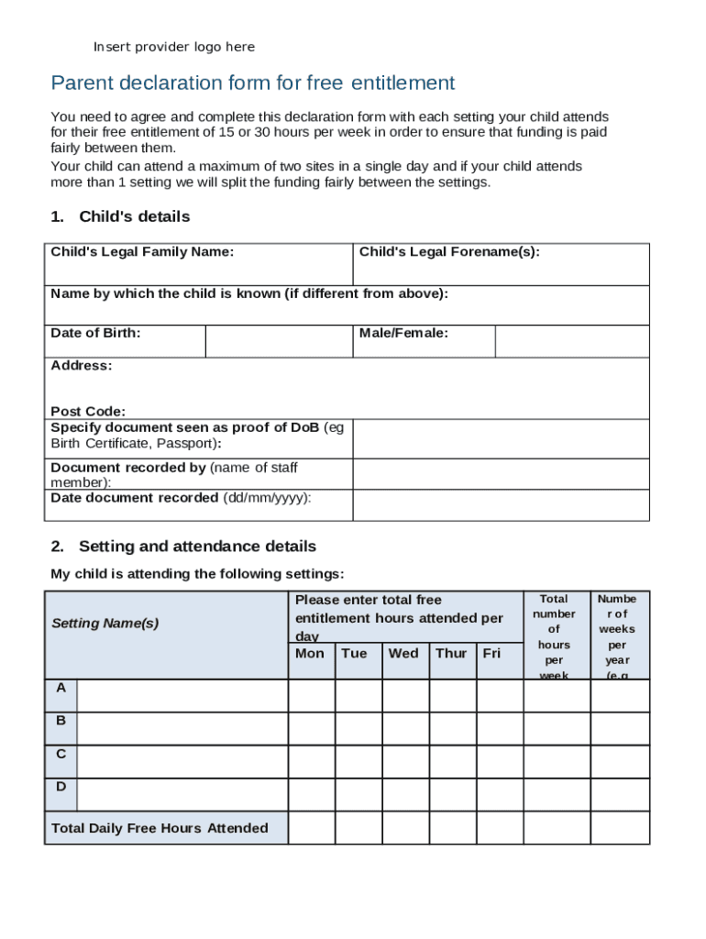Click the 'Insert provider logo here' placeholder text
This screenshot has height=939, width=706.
pyautogui.click(x=174, y=47)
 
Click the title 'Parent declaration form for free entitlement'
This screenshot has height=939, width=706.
pyautogui.click(x=253, y=83)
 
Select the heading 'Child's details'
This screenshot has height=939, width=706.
pyautogui.click(x=134, y=216)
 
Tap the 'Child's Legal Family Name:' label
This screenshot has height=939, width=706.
pyautogui.click(x=142, y=251)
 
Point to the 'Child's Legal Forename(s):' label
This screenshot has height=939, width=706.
pyautogui.click(x=449, y=251)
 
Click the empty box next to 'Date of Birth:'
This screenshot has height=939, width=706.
pyautogui.click(x=279, y=341)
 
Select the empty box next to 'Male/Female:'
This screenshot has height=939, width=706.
pyautogui.click(x=571, y=341)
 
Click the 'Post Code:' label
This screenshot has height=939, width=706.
pyautogui.click(x=88, y=412)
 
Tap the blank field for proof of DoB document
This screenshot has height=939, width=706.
pyautogui.click(x=501, y=439)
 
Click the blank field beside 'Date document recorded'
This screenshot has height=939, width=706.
pyautogui.click(x=501, y=505)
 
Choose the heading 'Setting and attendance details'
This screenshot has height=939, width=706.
pyautogui.click(x=197, y=547)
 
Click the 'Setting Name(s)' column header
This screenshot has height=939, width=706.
pyautogui.click(x=105, y=624)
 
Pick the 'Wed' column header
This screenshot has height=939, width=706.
pyautogui.click(x=403, y=654)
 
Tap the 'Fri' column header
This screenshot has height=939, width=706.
pyautogui.click(x=492, y=654)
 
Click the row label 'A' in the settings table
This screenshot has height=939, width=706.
pyautogui.click(x=61, y=688)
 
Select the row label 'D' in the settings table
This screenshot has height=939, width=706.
pyautogui.click(x=61, y=787)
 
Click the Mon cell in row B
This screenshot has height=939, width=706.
pyautogui.click(x=312, y=729)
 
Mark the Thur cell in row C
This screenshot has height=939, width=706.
pyautogui.click(x=452, y=762)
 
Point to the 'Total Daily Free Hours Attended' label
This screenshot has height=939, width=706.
pyautogui.click(x=160, y=828)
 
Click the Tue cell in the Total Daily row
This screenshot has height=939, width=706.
pyautogui.click(x=359, y=828)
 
